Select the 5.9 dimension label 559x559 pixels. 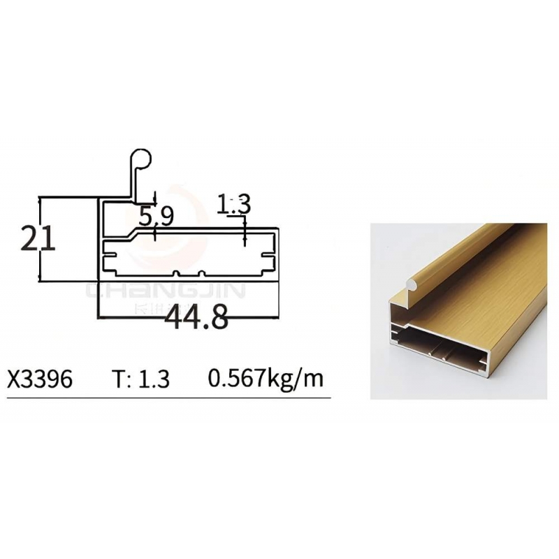(156, 216)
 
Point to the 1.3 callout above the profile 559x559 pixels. (233, 205)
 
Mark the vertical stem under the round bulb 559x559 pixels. (131, 183)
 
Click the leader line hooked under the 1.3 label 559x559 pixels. (244, 231)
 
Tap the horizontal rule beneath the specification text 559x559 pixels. (168, 398)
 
